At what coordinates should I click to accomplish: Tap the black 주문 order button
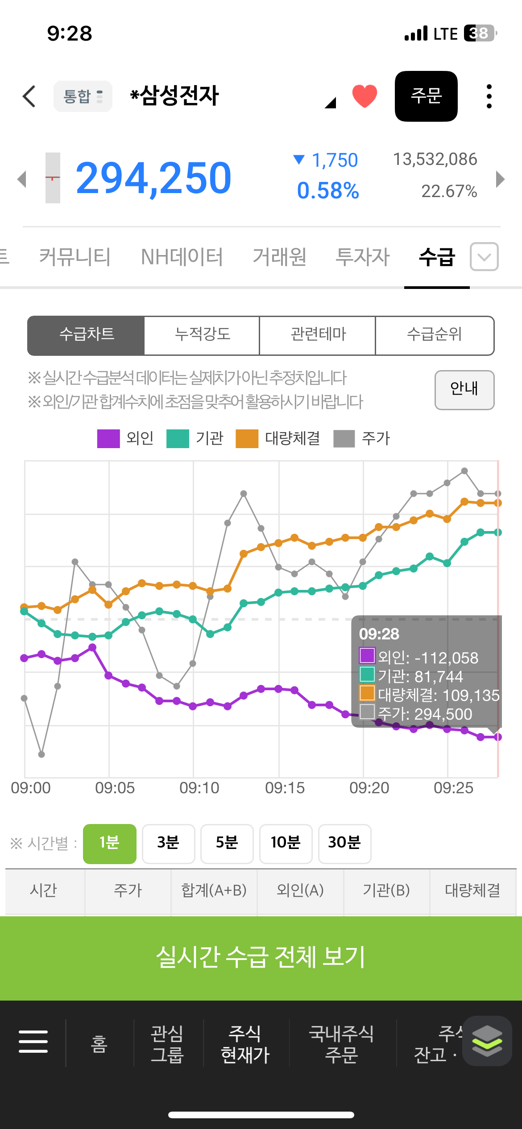coord(426,96)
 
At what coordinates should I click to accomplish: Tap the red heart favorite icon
coord(365,96)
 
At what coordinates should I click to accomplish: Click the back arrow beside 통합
coord(29,96)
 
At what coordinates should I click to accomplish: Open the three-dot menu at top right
coord(489,96)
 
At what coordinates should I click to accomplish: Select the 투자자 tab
coord(362,257)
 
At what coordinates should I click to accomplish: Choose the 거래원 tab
coord(279,257)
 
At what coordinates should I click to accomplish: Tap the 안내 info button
coord(464,390)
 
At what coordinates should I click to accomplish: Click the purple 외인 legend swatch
coord(108,438)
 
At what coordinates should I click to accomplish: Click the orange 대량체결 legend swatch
coord(247,438)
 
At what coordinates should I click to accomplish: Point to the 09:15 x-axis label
coord(285,788)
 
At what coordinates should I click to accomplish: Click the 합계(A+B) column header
coord(214,890)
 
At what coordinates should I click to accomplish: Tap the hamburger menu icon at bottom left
coord(33,1042)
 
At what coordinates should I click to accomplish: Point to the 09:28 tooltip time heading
coord(379,634)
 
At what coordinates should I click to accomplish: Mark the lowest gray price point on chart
coord(41,754)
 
